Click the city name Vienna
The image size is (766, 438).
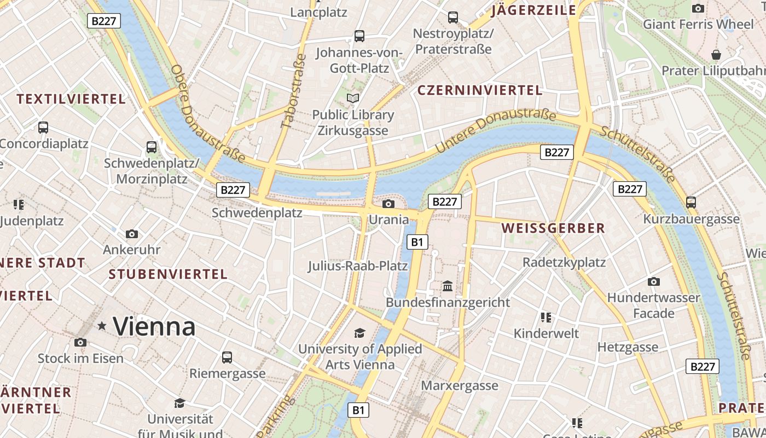coord(154,327)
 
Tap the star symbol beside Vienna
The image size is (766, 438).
coord(102,326)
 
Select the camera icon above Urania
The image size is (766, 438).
coord(388,204)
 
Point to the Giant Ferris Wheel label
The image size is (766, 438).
coord(698,24)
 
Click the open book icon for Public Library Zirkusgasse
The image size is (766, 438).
coord(353,99)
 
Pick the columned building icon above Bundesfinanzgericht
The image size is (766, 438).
coord(448,286)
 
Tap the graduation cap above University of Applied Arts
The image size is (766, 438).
coord(359,333)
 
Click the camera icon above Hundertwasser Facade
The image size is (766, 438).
coord(653,281)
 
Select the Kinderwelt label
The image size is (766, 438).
coord(546,333)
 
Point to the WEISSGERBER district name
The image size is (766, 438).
coord(553,228)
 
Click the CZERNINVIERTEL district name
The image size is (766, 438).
coord(480,90)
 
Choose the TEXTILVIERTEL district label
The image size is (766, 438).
coord(71,99)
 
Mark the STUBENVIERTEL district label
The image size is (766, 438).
coord(168,274)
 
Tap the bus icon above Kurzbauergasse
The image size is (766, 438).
coord(691,203)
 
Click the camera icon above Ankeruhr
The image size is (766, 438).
coord(132,234)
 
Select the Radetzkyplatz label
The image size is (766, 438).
coord(564,262)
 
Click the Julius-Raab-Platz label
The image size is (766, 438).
coord(358,266)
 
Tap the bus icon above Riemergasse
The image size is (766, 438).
coord(227,358)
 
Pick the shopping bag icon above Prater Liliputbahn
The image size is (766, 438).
coord(716,54)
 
